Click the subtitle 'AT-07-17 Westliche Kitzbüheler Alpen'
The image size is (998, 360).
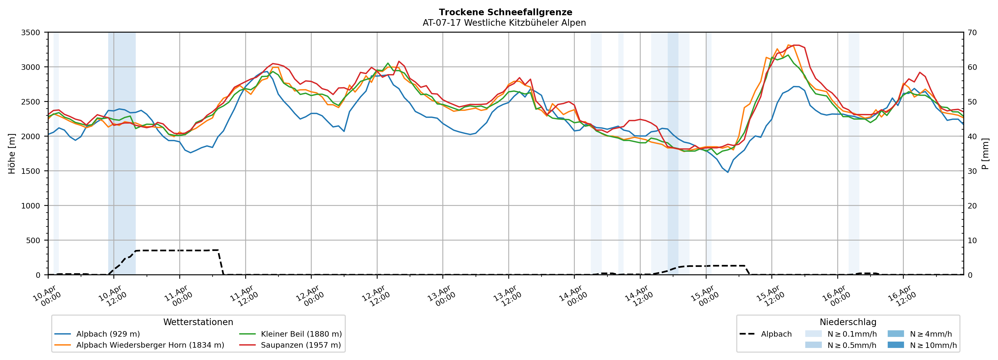(x=504, y=23)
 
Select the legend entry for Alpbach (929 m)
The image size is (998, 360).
(x=108, y=334)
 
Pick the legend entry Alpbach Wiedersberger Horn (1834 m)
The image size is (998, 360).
(x=150, y=345)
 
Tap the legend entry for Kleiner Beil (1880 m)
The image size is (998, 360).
(x=301, y=334)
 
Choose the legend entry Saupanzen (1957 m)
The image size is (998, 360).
(x=301, y=345)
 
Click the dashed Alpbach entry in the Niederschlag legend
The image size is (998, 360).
(x=776, y=334)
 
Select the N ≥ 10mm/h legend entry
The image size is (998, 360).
(x=933, y=345)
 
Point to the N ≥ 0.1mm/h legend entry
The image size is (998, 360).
(x=851, y=334)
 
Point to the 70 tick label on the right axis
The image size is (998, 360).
(x=972, y=33)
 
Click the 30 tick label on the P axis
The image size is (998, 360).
(x=972, y=171)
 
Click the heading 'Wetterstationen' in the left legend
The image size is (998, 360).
(x=198, y=322)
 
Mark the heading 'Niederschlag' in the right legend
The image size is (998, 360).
(x=848, y=322)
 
